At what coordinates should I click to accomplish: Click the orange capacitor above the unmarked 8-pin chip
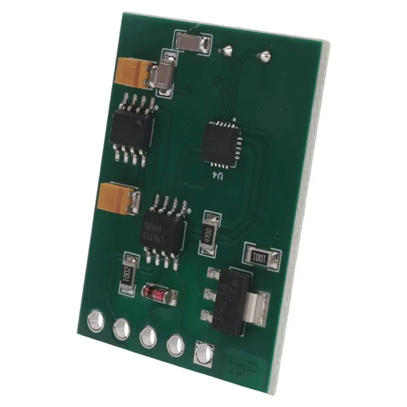[x=134, y=73]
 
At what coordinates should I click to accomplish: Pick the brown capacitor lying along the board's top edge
[x=192, y=42]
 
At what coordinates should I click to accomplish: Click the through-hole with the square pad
[x=203, y=354]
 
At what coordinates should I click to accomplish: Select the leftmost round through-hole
[x=95, y=321]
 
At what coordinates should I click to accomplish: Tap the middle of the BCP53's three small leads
[x=209, y=294]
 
